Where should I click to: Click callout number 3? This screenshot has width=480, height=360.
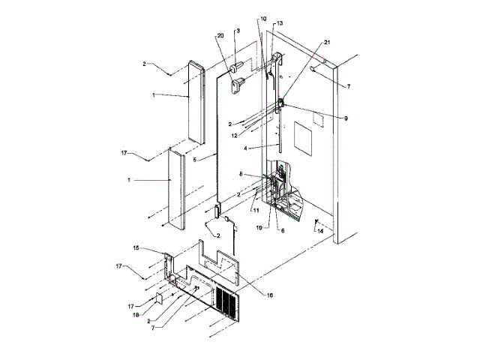point(237,31)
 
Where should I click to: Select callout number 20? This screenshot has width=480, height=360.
point(220,36)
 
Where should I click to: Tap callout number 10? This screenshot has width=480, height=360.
point(263,18)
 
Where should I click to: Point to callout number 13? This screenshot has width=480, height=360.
point(279,24)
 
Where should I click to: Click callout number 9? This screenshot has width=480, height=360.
point(346,118)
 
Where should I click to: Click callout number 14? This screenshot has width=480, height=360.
point(321,232)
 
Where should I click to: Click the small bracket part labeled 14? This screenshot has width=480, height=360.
point(316,221)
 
